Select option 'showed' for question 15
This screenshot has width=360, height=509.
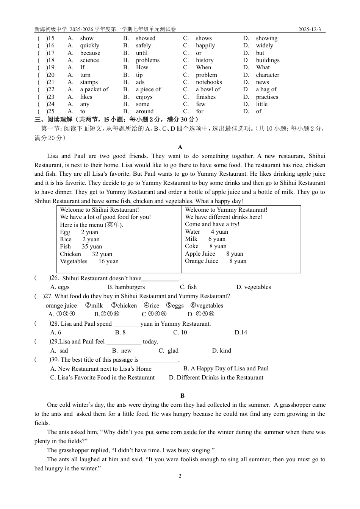pos(146,38)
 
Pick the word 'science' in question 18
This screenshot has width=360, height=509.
pos(89,60)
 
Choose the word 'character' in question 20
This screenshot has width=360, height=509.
pos(268,75)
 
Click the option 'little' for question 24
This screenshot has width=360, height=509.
pos(261,104)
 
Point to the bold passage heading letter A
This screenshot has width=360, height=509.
pos(180,147)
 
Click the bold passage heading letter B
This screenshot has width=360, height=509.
pos(182,396)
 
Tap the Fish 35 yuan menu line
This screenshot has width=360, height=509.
pos(81,247)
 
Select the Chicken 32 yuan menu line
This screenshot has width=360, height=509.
pos(86,254)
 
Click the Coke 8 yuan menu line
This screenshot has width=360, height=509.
pos(205,246)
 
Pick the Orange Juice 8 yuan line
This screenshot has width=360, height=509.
pos(215,261)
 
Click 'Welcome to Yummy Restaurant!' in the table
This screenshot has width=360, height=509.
pos(226,210)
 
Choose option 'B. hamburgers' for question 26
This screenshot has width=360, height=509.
pos(126,287)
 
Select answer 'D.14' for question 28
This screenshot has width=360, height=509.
pos(241,333)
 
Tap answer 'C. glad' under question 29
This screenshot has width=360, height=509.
pos(168,351)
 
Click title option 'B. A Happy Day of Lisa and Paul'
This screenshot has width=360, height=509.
pos(226,368)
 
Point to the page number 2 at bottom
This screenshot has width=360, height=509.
pos(180,476)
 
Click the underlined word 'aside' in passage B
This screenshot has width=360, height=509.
pos(190,432)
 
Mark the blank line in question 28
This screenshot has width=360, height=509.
pos(126,325)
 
